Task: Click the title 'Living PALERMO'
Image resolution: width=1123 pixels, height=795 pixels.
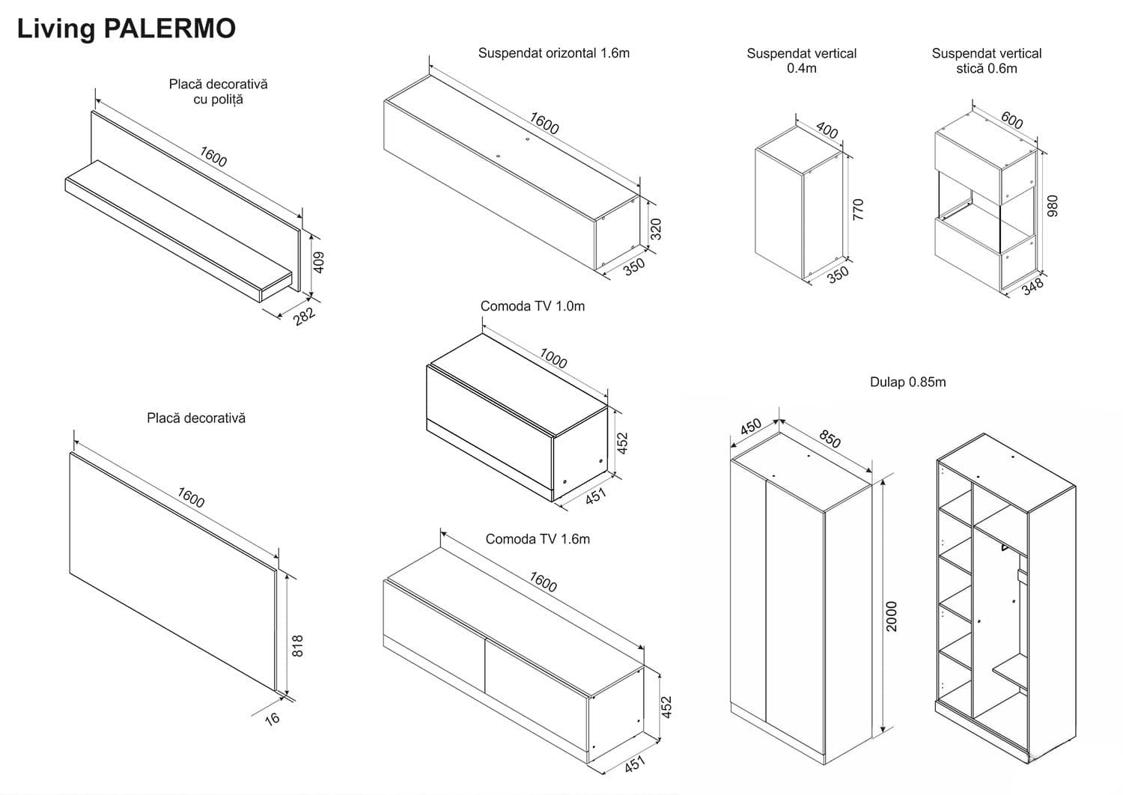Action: pyautogui.click(x=126, y=28)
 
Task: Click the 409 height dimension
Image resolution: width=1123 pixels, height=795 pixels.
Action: pyautogui.click(x=319, y=262)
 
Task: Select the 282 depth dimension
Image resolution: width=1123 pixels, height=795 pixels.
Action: pyautogui.click(x=304, y=316)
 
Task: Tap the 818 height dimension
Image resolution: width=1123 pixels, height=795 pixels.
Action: pyautogui.click(x=297, y=646)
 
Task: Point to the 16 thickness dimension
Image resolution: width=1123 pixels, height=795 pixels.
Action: pyautogui.click(x=272, y=718)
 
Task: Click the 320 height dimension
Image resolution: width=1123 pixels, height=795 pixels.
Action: pyautogui.click(x=657, y=229)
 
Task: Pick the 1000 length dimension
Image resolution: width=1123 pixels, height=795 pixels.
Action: pyautogui.click(x=553, y=359)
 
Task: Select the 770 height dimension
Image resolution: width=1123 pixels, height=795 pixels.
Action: pyautogui.click(x=858, y=209)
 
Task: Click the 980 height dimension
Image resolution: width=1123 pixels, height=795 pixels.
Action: pyautogui.click(x=1052, y=206)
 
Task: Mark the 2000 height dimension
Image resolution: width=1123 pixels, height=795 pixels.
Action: pyautogui.click(x=892, y=616)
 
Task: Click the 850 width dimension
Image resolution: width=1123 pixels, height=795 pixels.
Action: pyautogui.click(x=829, y=438)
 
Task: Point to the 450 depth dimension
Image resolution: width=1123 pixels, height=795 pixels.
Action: pyautogui.click(x=751, y=426)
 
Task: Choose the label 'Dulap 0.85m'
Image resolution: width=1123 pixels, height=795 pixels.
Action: pyautogui.click(x=907, y=382)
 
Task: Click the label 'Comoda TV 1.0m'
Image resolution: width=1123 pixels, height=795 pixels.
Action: pyautogui.click(x=532, y=306)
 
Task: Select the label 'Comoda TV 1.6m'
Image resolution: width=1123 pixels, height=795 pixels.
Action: pyautogui.click(x=538, y=539)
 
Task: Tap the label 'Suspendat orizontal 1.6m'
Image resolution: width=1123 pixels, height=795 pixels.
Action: pyautogui.click(x=553, y=53)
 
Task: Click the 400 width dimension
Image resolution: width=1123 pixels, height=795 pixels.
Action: pyautogui.click(x=827, y=130)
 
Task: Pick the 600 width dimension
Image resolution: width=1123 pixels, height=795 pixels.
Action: pyautogui.click(x=1011, y=120)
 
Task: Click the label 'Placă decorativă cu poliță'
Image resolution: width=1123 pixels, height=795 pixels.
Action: pyautogui.click(x=218, y=91)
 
